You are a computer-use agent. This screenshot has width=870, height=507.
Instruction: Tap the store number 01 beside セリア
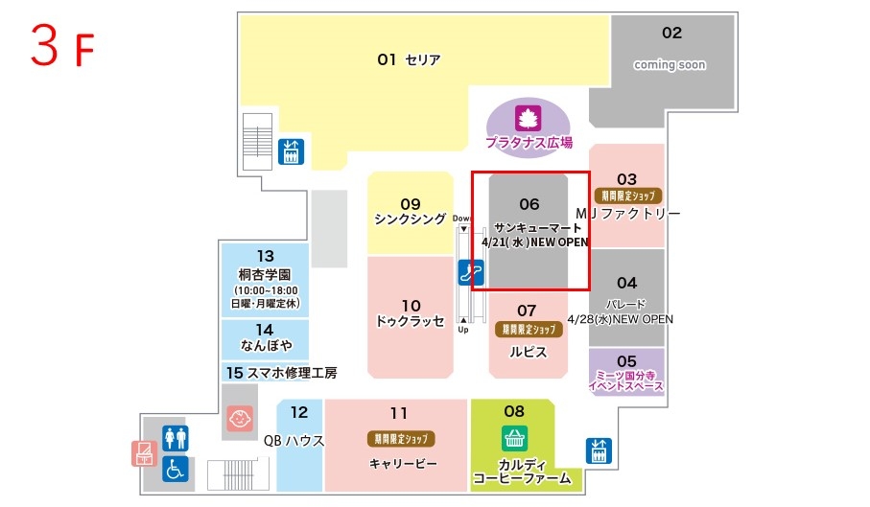[386, 59]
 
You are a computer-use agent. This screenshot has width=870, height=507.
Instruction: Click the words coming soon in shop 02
[670, 65]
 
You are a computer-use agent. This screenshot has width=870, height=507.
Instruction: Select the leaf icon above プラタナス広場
[527, 119]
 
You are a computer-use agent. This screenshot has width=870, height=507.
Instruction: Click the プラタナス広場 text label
[529, 143]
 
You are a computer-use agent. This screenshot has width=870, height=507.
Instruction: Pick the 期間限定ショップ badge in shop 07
[528, 329]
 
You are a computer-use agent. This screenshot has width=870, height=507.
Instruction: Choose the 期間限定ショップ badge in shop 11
[400, 438]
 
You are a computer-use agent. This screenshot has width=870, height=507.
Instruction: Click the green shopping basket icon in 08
[515, 438]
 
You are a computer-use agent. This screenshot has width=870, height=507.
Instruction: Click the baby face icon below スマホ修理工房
[238, 418]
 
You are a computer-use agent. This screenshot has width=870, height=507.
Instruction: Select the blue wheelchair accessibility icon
[176, 469]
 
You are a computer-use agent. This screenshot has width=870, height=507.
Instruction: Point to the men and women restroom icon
[175, 438]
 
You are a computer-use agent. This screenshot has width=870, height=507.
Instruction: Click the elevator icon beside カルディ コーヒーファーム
[599, 449]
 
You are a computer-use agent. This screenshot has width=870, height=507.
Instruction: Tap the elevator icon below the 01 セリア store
[290, 151]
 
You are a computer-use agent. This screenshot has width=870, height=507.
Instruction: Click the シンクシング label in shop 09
[411, 219]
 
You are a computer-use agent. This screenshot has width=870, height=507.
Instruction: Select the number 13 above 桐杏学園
[265, 256]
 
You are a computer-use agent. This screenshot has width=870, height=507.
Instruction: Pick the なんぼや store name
[266, 345]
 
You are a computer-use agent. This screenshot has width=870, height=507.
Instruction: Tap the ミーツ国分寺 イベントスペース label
[627, 380]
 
